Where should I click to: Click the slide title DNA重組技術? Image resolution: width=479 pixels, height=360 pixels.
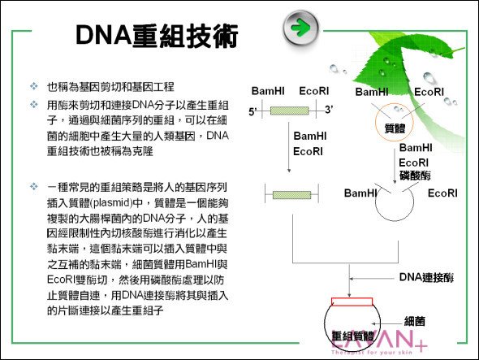(x=157, y=36)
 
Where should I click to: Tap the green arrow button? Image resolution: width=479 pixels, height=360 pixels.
(x=301, y=28)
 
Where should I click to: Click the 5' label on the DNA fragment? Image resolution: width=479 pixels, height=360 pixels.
(x=252, y=111)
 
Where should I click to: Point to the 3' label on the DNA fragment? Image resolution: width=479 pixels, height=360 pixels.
(x=329, y=109)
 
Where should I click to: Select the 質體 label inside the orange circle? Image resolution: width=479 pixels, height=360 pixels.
(x=395, y=128)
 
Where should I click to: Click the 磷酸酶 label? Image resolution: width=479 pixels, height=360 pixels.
(x=415, y=176)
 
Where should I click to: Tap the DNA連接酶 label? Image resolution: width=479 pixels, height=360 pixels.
(x=426, y=277)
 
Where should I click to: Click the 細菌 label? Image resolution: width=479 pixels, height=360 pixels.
(x=415, y=321)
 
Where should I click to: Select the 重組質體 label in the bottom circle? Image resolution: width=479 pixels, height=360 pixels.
(x=353, y=336)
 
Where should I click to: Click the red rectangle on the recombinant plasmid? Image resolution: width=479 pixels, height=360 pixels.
(x=352, y=301)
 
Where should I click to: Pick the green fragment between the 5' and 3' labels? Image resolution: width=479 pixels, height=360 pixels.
(x=289, y=111)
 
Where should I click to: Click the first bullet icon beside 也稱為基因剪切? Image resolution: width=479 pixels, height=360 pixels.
(x=33, y=86)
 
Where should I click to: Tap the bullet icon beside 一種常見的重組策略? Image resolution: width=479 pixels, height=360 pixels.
(x=33, y=186)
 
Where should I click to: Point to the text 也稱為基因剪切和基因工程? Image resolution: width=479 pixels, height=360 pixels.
(x=110, y=87)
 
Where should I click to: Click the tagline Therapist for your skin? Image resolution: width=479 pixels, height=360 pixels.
(x=372, y=353)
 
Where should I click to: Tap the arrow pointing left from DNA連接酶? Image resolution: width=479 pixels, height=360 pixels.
(x=372, y=279)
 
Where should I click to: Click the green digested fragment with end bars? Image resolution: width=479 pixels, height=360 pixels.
(x=291, y=194)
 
